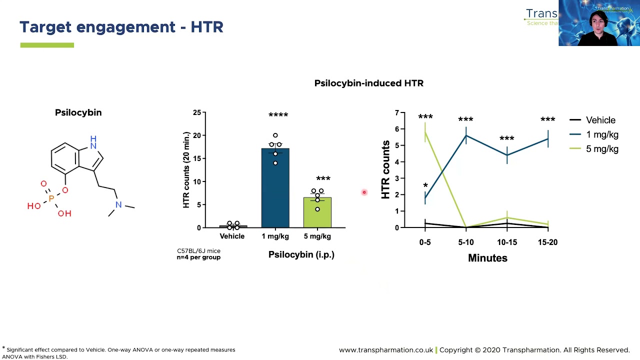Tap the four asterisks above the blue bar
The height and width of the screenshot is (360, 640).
[x=278, y=115]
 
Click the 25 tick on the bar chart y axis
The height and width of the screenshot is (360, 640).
[x=197, y=113]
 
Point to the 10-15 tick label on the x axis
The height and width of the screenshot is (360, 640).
[x=506, y=242]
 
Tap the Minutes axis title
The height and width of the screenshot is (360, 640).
[x=487, y=258]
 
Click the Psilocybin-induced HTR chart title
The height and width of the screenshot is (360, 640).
[x=368, y=83]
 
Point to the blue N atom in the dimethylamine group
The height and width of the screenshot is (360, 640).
[x=118, y=204]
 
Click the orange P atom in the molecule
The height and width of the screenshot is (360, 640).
[x=51, y=198]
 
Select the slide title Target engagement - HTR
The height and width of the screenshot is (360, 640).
[x=121, y=27]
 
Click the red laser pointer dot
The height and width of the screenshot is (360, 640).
[x=364, y=192]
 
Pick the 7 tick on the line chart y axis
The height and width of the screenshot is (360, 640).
[x=397, y=113]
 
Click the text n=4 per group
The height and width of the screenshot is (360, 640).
[x=198, y=257]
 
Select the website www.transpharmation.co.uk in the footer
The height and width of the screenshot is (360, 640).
[x=385, y=350]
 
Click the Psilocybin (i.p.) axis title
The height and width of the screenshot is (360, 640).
[x=301, y=254]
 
